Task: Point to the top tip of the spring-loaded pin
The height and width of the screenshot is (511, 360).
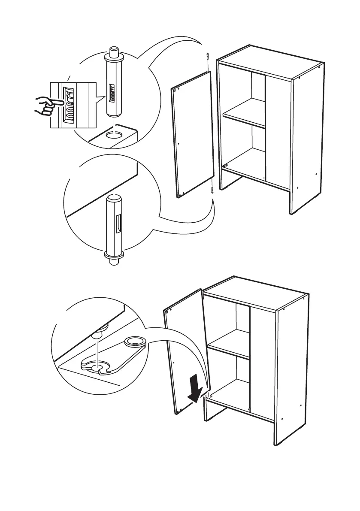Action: (x=115, y=48)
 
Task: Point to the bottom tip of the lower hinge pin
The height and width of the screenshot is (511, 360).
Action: (x=114, y=263)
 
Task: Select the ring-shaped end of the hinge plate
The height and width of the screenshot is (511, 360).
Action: (x=135, y=342)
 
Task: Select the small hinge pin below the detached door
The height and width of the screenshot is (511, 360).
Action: (x=212, y=190)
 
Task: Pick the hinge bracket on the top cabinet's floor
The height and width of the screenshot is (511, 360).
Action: (x=226, y=163)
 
